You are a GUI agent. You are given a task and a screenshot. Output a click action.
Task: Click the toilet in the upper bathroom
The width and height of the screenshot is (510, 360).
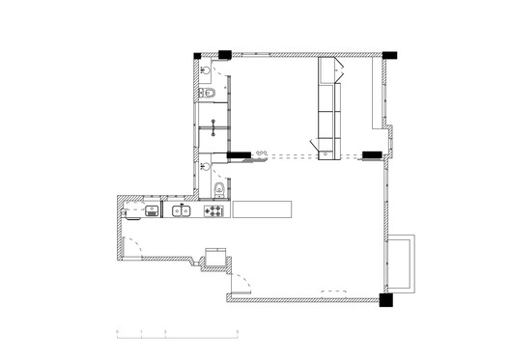[208, 93]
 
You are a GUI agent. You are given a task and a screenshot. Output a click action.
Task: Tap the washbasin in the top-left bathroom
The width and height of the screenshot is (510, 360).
[210, 69]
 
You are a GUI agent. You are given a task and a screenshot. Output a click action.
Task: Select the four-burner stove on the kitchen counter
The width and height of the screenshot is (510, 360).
[215, 209]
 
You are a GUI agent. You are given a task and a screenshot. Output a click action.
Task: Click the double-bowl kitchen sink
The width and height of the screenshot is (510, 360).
[181, 209]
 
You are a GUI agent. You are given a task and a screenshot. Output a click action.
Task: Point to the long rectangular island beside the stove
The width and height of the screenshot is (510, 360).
[261, 208]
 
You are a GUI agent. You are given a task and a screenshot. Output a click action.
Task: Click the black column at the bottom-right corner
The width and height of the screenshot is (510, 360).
[386, 300]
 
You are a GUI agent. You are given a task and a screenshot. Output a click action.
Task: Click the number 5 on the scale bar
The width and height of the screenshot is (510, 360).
[238, 334]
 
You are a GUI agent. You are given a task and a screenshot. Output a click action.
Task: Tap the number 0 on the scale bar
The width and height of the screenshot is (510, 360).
[117, 334]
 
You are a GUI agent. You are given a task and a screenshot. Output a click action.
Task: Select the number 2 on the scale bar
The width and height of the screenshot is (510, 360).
[165, 334]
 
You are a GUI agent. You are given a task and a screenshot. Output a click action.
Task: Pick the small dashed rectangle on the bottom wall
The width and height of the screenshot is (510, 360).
[334, 291]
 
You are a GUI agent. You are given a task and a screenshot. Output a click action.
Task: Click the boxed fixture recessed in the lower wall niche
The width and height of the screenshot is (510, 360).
[215, 257]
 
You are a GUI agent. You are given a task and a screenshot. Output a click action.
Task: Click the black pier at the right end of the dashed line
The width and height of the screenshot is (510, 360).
[371, 153]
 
